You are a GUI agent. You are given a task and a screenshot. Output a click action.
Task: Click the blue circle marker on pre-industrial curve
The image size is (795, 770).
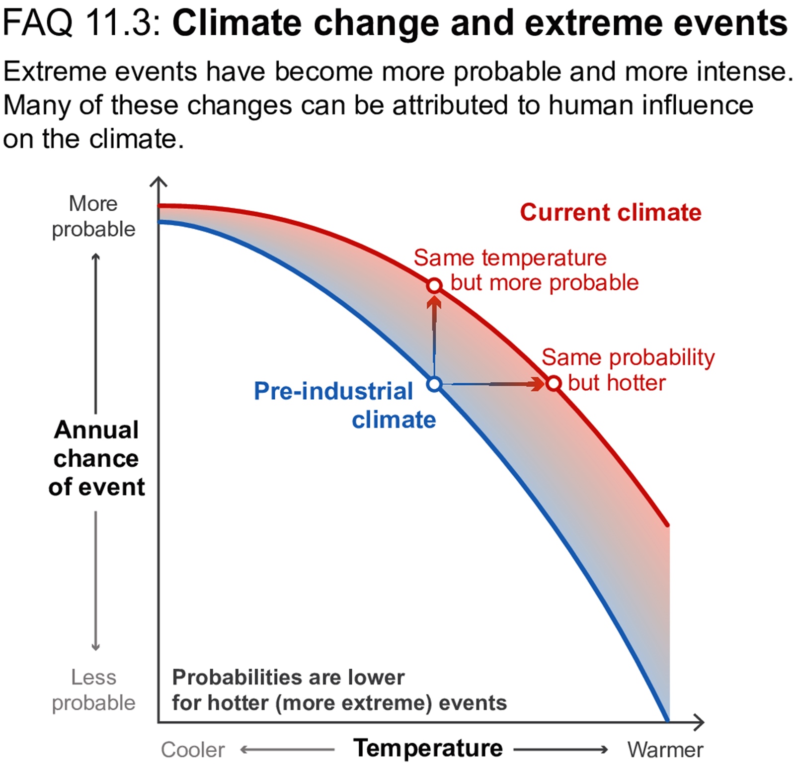(x=434, y=384)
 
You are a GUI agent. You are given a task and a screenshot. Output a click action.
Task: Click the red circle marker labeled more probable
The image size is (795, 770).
(x=434, y=286)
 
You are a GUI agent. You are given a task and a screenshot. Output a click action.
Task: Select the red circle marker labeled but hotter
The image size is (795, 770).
(x=554, y=384)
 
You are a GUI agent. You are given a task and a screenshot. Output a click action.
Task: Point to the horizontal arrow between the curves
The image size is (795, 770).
(x=492, y=384)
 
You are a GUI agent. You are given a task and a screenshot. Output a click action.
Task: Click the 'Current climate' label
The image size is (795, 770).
(x=610, y=213)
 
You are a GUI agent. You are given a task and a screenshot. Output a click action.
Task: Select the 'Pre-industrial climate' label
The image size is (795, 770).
(x=345, y=405)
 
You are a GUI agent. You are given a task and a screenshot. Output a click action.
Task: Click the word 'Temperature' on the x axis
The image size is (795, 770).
(x=428, y=748)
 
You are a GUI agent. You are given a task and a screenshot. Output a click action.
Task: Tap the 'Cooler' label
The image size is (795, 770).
(x=192, y=750)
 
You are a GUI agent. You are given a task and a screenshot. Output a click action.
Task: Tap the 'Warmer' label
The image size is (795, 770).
(x=665, y=750)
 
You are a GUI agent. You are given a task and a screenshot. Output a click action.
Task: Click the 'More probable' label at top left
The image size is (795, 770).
(x=93, y=217)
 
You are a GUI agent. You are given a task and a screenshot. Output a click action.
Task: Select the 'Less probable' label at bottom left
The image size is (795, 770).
(x=93, y=690)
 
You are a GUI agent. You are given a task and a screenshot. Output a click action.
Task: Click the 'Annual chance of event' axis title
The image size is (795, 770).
(x=96, y=458)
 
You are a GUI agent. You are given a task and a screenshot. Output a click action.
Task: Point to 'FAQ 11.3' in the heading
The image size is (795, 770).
(x=82, y=23)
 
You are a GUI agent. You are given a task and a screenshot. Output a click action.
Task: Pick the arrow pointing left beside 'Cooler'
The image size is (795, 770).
(x=287, y=749)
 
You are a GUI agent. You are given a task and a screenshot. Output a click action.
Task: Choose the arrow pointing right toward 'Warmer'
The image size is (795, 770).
(x=560, y=749)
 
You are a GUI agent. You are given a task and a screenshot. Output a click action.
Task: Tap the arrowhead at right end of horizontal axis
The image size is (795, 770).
(x=700, y=722)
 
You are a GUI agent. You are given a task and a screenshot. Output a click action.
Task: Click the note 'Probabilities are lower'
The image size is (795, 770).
(x=288, y=677)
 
